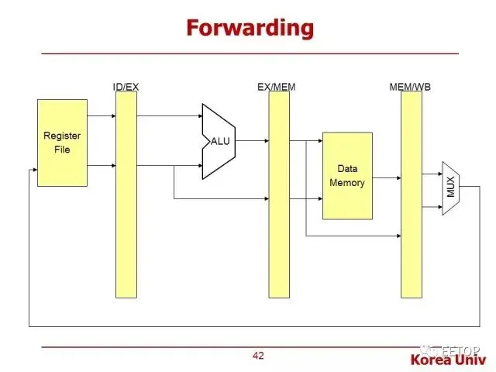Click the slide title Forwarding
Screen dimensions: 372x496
[x=250, y=28]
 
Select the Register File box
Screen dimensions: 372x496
[x=62, y=143]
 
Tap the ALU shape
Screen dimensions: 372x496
[x=219, y=141]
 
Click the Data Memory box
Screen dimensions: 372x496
[x=347, y=175]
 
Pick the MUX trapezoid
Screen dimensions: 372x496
[x=451, y=188]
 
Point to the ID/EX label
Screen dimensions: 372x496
[x=126, y=86]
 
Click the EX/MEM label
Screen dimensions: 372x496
[x=277, y=86]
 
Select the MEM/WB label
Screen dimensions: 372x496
[x=410, y=86]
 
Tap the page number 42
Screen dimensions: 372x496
[x=258, y=356]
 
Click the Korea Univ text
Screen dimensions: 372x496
[x=451, y=360]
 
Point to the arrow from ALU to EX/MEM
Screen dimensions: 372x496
[x=253, y=141]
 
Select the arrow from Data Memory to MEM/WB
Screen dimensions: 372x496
[x=387, y=177]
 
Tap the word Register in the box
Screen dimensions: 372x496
[x=62, y=136]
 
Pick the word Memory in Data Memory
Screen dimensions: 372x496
[x=347, y=183]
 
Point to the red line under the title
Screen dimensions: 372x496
[x=250, y=53]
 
